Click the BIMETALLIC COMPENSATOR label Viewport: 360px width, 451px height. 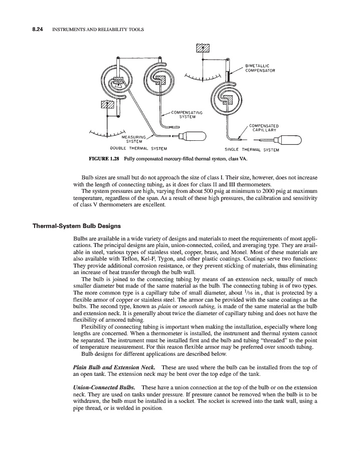click(259, 68)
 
